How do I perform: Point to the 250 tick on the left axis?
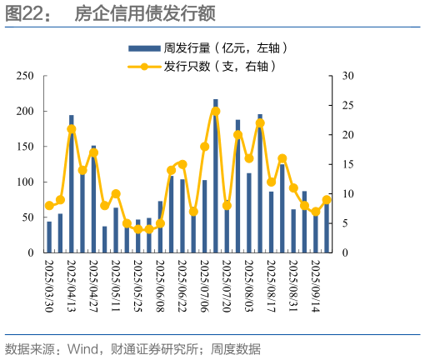coord(26,76)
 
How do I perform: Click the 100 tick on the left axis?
coord(26,182)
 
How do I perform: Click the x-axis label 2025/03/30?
coord(49,282)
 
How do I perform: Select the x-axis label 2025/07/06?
coord(204,282)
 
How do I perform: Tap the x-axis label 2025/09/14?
coord(316,282)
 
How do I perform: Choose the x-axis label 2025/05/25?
coord(137,282)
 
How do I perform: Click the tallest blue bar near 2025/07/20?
coord(215,175)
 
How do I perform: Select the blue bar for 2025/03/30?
coord(49,237)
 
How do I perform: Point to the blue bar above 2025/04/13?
coord(71,183)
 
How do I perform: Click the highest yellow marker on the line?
coord(215,111)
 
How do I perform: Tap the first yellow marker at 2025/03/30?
coord(49,205)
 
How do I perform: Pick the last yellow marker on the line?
coord(327,199)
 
